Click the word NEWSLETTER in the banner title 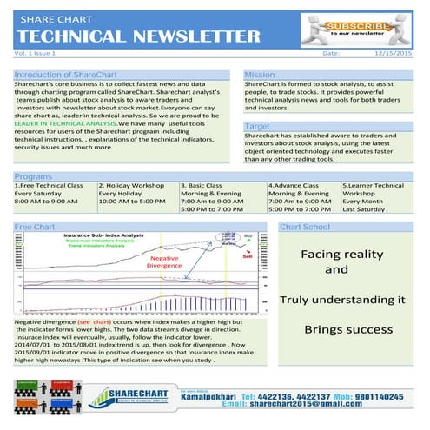click(186, 36)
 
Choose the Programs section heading click(33, 176)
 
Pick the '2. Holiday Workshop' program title click(131, 185)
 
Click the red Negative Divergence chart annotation click(164, 261)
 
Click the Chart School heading click(305, 227)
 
